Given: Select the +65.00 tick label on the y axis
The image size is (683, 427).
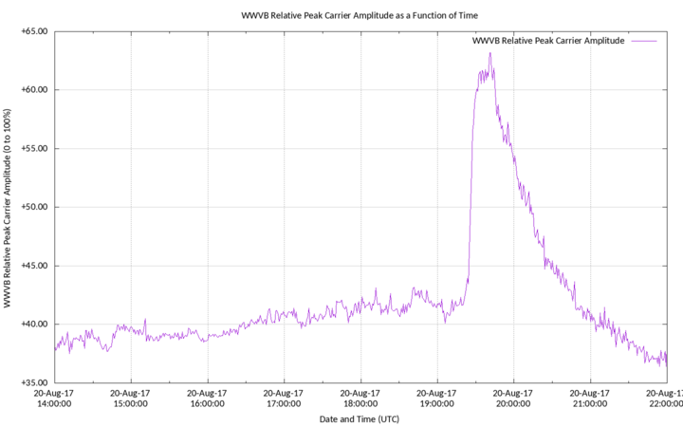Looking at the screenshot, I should coord(34,31).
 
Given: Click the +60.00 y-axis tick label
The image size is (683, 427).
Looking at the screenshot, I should coord(34,90).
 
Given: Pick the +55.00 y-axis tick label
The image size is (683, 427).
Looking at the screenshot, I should coord(34,148).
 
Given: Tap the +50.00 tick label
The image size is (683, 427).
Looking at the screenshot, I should coord(34,207).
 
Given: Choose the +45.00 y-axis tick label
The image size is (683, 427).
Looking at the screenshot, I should coord(34,266).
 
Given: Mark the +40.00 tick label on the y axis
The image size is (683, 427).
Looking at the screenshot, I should coord(34,324).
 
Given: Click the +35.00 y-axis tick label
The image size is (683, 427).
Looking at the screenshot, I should coord(34,382).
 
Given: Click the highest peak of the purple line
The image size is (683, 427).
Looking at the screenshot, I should coord(489,53).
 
